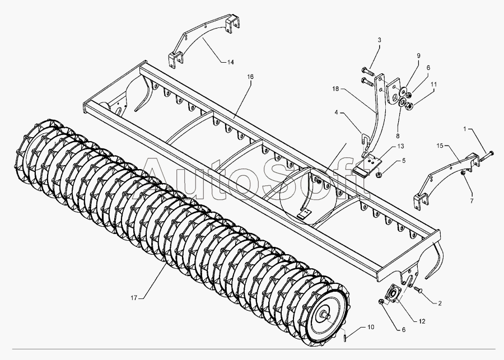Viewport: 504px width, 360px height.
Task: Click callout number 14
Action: pyautogui.click(x=231, y=62)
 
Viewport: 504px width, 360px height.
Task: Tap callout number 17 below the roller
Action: pyautogui.click(x=134, y=296)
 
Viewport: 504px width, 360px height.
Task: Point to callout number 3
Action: pyautogui.click(x=379, y=40)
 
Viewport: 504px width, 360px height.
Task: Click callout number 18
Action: pyautogui.click(x=335, y=89)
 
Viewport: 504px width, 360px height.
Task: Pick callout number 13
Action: pyautogui.click(x=400, y=146)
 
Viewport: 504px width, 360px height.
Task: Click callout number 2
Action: pyautogui.click(x=440, y=303)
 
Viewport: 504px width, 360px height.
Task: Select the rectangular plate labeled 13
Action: pyautogui.click(x=367, y=167)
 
